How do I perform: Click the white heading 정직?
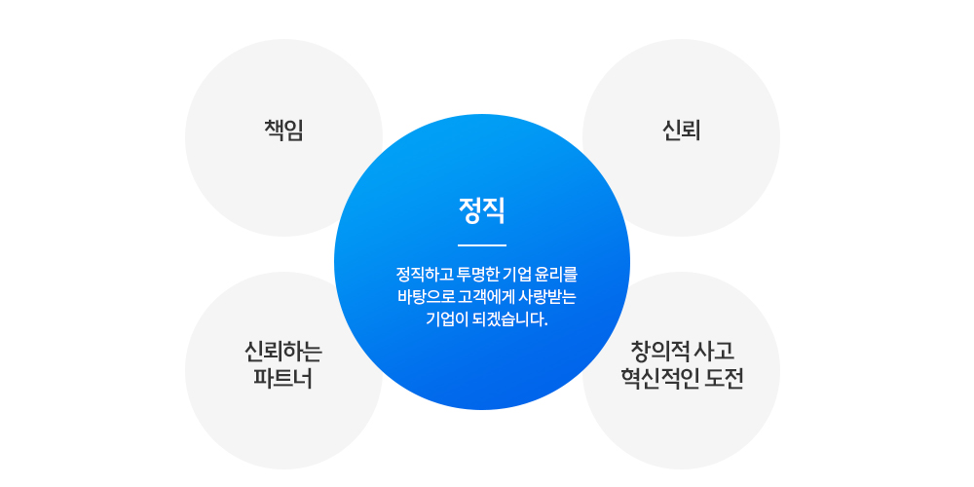pos(482,210)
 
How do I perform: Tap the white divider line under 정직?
pos(482,246)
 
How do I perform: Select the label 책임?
pos(283,131)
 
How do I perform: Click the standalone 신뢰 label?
pos(682,131)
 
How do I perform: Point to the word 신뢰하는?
pos(283,352)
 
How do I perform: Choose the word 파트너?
pos(283,378)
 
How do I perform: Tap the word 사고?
pos(715,351)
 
